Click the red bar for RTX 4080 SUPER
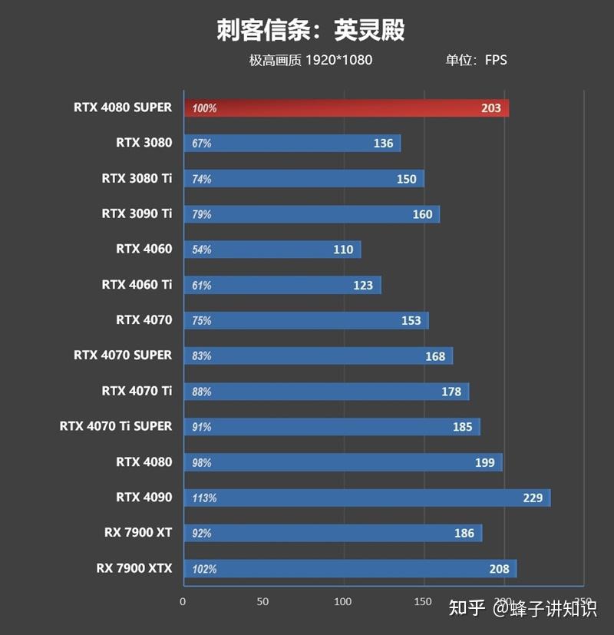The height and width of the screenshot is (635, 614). [x=345, y=108]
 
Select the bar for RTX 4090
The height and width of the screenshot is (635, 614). [x=367, y=498]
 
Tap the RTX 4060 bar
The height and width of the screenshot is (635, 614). [x=272, y=250]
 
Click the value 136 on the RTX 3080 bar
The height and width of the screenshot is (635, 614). [x=383, y=144]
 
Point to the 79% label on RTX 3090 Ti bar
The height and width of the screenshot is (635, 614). [x=202, y=214]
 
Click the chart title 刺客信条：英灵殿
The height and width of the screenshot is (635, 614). [x=310, y=30]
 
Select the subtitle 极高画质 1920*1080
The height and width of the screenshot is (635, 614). [x=310, y=60]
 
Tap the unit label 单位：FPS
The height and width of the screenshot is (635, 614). [x=476, y=60]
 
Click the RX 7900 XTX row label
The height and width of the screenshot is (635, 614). [x=134, y=568]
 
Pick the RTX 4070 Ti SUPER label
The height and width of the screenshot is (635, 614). [x=116, y=426]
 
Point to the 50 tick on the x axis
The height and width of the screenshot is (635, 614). [x=263, y=601]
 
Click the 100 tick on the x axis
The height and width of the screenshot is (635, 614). [x=343, y=601]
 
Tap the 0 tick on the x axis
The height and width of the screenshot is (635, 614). [x=183, y=601]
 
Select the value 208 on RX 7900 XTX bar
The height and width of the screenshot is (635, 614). [x=499, y=569]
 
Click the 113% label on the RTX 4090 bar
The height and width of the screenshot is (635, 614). [x=204, y=498]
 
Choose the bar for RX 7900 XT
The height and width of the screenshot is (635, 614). [x=332, y=533]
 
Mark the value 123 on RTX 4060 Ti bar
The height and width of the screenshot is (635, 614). [x=363, y=286]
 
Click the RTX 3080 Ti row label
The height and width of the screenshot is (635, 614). [x=137, y=178]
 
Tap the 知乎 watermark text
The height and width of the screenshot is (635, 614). [x=467, y=609]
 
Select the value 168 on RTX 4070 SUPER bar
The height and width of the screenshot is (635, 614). [x=435, y=356]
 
